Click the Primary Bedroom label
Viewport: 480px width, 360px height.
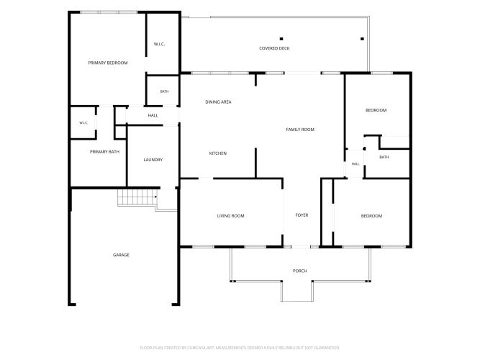(x=108, y=63)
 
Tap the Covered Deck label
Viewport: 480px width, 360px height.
(x=274, y=48)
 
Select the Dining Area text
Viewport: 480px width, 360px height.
(x=218, y=102)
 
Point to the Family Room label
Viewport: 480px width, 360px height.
(x=300, y=130)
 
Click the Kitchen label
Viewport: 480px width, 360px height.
(x=218, y=153)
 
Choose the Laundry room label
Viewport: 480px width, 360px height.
(x=153, y=160)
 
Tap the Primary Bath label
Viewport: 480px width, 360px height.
(x=104, y=152)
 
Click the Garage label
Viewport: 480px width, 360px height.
(x=121, y=255)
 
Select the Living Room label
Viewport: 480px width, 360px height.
(x=230, y=216)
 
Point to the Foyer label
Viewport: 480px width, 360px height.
(x=302, y=215)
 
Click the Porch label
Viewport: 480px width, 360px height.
(x=299, y=271)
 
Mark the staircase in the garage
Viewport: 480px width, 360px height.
(x=137, y=197)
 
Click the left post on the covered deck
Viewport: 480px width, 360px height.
(x=281, y=39)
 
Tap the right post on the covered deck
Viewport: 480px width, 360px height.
(x=362, y=39)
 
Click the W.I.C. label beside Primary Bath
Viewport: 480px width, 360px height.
(x=83, y=123)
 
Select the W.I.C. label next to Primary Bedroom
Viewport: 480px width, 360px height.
(x=159, y=45)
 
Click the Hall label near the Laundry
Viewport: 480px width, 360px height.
(x=153, y=115)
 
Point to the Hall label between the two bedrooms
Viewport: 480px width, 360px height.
(x=356, y=164)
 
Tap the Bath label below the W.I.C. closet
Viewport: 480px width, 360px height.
(x=164, y=91)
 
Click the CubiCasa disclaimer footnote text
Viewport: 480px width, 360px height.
(x=240, y=348)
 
